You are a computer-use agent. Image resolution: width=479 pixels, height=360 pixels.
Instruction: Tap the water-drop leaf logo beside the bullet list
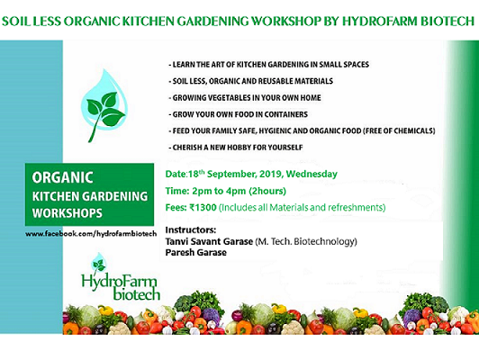pyautogui.click(x=104, y=105)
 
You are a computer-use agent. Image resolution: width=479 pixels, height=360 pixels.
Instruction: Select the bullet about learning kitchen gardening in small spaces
pyautogui.click(x=269, y=65)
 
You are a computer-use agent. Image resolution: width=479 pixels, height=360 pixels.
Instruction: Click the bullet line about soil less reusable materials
pyautogui.click(x=251, y=81)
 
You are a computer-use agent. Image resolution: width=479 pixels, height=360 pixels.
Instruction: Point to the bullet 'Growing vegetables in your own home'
pyautogui.click(x=245, y=98)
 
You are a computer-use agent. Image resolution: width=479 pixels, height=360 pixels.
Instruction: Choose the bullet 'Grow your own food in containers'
pyautogui.click(x=238, y=114)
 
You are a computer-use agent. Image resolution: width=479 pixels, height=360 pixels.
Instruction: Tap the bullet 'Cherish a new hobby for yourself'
pyautogui.click(x=236, y=148)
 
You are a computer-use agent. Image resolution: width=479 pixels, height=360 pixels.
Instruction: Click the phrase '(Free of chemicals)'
pyautogui.click(x=399, y=131)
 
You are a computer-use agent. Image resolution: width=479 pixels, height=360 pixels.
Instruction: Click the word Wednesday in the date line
pyautogui.click(x=312, y=174)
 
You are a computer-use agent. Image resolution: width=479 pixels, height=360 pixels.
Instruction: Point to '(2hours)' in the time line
pyautogui.click(x=267, y=191)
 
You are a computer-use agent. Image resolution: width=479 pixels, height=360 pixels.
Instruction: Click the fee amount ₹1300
pyautogui.click(x=203, y=208)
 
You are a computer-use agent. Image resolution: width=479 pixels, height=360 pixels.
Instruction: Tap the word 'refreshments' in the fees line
pyautogui.click(x=356, y=208)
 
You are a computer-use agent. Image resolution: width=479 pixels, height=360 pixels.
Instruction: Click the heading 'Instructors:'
pyautogui.click(x=191, y=229)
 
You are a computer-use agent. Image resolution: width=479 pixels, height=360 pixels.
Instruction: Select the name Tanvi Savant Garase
pyautogui.click(x=209, y=241)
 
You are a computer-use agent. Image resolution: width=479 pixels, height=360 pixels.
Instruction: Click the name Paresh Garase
pyautogui.click(x=195, y=253)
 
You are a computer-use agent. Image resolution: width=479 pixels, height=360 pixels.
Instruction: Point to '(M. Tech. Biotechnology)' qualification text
pyautogui.click(x=306, y=241)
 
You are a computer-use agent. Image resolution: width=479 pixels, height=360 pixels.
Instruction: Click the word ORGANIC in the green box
pyautogui.click(x=63, y=177)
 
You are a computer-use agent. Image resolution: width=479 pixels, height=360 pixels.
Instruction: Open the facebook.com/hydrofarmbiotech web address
pyautogui.click(x=91, y=234)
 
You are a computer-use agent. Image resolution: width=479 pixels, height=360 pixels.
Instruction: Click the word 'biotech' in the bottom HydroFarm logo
pyautogui.click(x=137, y=293)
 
